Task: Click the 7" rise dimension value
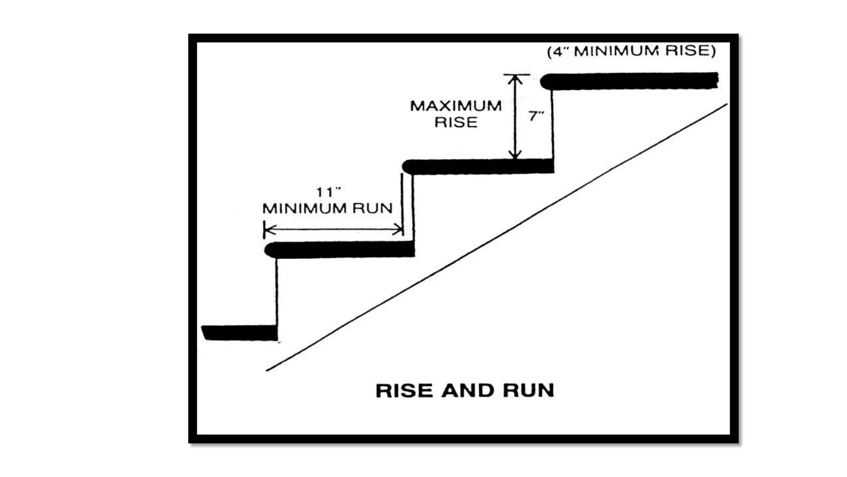coord(536,116)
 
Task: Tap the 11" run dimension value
coord(328,192)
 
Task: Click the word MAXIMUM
coord(456,106)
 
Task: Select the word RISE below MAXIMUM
coord(456,123)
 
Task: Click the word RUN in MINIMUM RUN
coord(373,208)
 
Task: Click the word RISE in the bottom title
coord(404,390)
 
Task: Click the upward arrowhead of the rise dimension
coord(515,79)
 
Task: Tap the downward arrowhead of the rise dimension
coord(515,155)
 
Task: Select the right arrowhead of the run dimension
coord(398,229)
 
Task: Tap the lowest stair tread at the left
coord(240,333)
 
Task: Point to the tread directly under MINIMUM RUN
coord(339,250)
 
